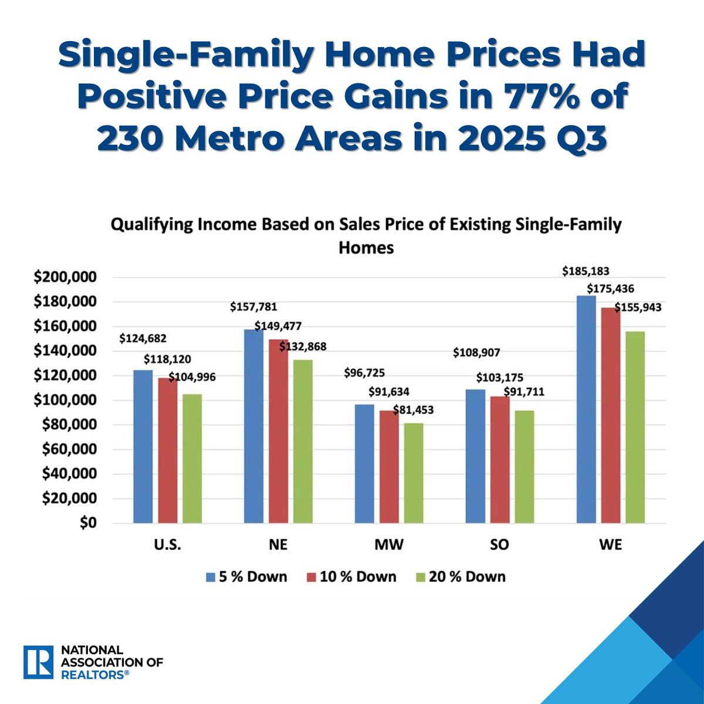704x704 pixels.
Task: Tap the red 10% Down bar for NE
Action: [x=279, y=431]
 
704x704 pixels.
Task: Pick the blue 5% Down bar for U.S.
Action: [x=143, y=446]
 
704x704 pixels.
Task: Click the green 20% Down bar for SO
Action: [x=524, y=467]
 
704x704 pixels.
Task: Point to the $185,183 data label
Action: [x=585, y=272]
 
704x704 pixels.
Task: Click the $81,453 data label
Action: [x=414, y=410]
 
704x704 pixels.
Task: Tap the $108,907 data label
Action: [x=476, y=353]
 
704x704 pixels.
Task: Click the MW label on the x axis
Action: [x=388, y=545]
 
